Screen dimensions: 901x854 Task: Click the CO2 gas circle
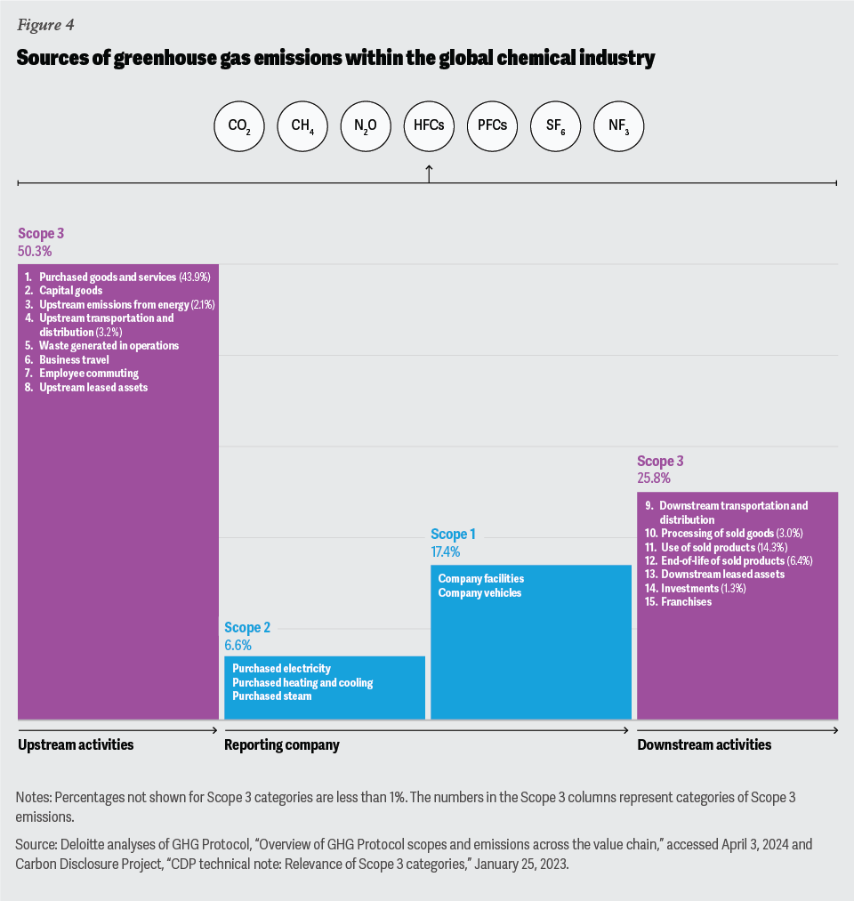(x=239, y=126)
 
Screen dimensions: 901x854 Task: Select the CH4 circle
(x=302, y=126)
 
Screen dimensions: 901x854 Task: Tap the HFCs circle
(x=429, y=126)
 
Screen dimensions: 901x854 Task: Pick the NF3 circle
(x=619, y=126)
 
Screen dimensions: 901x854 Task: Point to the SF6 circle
(x=556, y=126)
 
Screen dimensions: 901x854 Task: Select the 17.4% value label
(x=446, y=552)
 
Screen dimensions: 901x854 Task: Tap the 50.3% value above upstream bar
(x=35, y=252)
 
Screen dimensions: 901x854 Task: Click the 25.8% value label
(x=655, y=479)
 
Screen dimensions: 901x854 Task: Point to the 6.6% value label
(x=238, y=645)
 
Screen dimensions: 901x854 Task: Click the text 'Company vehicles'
(x=479, y=593)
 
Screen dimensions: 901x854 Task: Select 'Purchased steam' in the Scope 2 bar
(x=271, y=696)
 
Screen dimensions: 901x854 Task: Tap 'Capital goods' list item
(x=70, y=291)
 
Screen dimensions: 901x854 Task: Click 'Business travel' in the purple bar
(x=74, y=359)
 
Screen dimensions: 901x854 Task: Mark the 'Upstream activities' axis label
(x=76, y=744)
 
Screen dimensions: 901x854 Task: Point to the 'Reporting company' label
(x=282, y=744)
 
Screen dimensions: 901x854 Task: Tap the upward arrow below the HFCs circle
(x=429, y=173)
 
